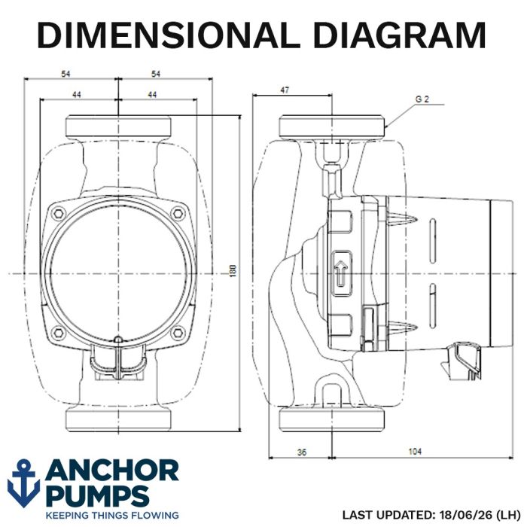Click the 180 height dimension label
[x=233, y=271]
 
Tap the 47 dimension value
[x=285, y=90]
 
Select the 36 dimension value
[x=302, y=452]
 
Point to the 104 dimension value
[x=415, y=452]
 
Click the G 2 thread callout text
[x=422, y=99]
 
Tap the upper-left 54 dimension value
[x=65, y=74]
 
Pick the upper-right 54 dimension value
[x=156, y=74]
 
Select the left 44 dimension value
[x=77, y=95]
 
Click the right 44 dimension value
[x=152, y=95]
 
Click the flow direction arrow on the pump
[x=342, y=273]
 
